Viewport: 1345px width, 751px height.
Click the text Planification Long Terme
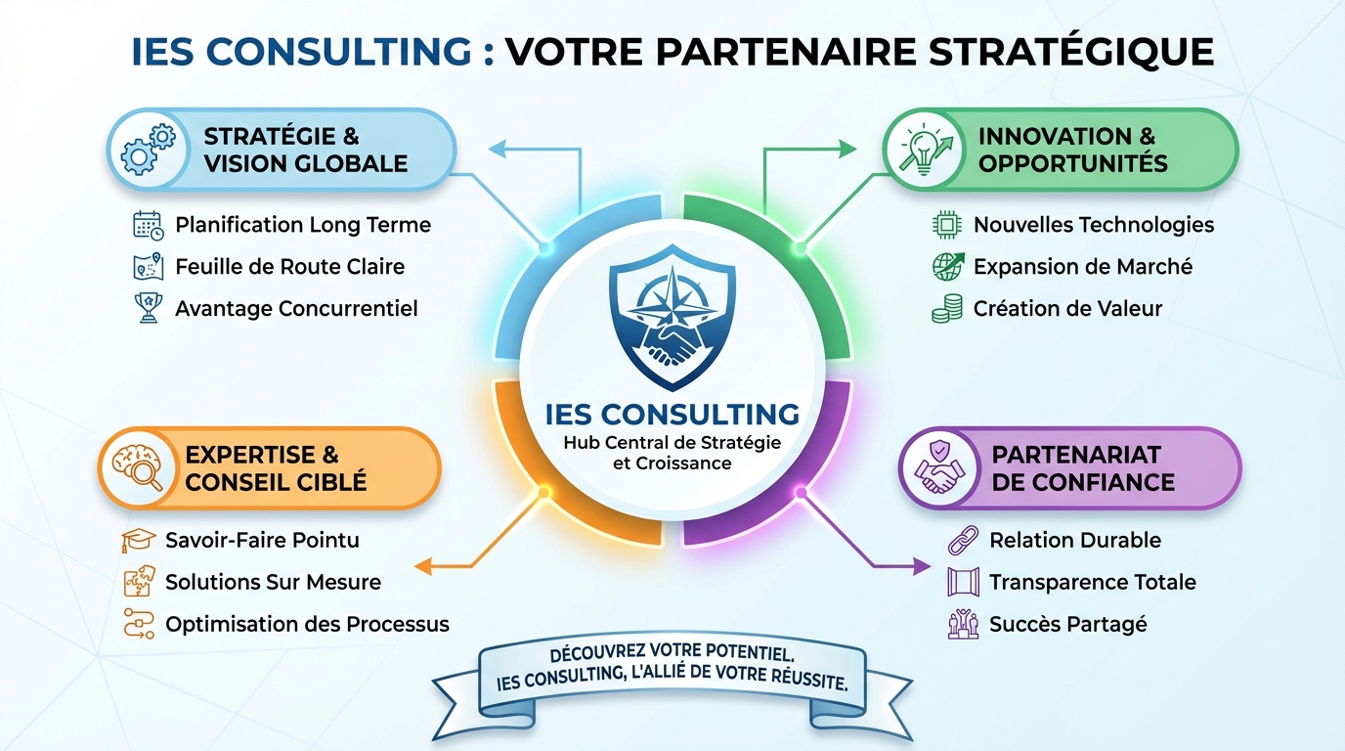(x=303, y=225)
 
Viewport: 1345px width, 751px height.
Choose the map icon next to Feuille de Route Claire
(x=147, y=267)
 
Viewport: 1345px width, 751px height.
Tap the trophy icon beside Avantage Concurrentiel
(x=147, y=309)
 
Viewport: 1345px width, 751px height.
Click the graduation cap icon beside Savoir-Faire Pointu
(x=139, y=540)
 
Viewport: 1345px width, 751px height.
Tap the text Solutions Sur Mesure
(x=274, y=582)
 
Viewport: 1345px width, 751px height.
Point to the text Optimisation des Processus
(x=308, y=624)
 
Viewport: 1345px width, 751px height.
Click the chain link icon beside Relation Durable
(x=963, y=540)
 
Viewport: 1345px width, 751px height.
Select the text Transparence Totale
(x=1093, y=582)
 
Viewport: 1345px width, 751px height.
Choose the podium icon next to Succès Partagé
(x=963, y=624)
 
